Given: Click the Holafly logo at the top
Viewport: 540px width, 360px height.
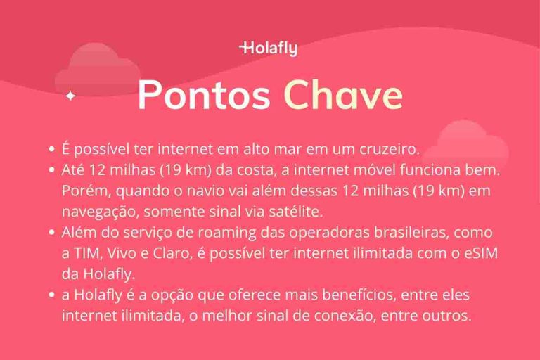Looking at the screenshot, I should (x=269, y=49).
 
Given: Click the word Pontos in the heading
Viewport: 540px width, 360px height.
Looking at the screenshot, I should (x=204, y=95).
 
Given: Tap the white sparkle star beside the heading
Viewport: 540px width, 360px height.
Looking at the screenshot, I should (x=70, y=96).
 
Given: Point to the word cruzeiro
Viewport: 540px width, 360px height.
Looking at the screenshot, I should (x=389, y=150).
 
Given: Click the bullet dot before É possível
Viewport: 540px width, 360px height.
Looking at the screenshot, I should (x=51, y=150).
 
